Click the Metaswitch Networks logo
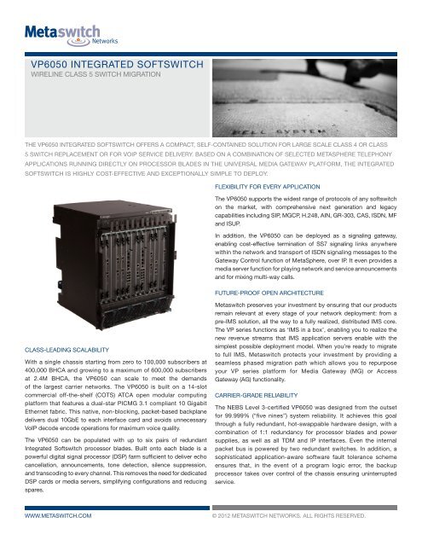pyautogui.click(x=66, y=37)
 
